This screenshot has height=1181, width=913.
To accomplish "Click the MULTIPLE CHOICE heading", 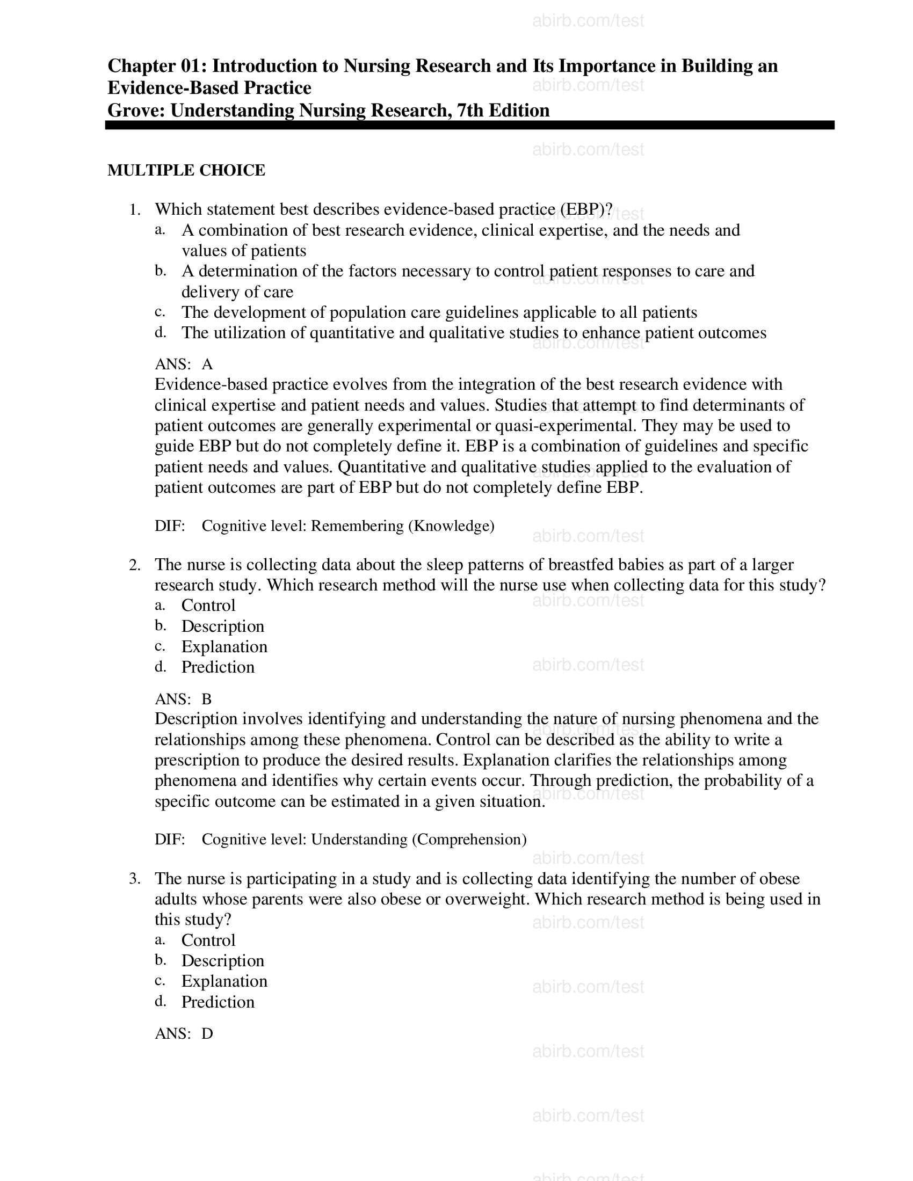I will (186, 170).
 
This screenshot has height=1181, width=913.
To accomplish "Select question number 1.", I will (135, 210).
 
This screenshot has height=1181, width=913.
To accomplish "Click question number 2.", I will (135, 565).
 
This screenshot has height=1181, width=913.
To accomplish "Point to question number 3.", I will (135, 879).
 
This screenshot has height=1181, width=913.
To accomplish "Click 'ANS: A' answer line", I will (183, 364).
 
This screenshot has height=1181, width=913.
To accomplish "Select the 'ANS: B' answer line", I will (183, 699).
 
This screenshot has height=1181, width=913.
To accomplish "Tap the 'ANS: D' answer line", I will (183, 1034).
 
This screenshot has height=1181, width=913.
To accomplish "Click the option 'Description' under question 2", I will (222, 626).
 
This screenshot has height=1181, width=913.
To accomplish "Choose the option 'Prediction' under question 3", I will (218, 1002).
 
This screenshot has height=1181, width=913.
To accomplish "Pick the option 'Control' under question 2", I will (208, 606).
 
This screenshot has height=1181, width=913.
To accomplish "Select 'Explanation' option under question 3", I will (224, 981).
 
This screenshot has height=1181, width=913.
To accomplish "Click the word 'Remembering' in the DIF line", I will (357, 526).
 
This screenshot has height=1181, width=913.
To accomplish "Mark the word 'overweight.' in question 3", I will (477, 899).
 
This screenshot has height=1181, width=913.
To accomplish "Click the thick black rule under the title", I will (469, 126).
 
